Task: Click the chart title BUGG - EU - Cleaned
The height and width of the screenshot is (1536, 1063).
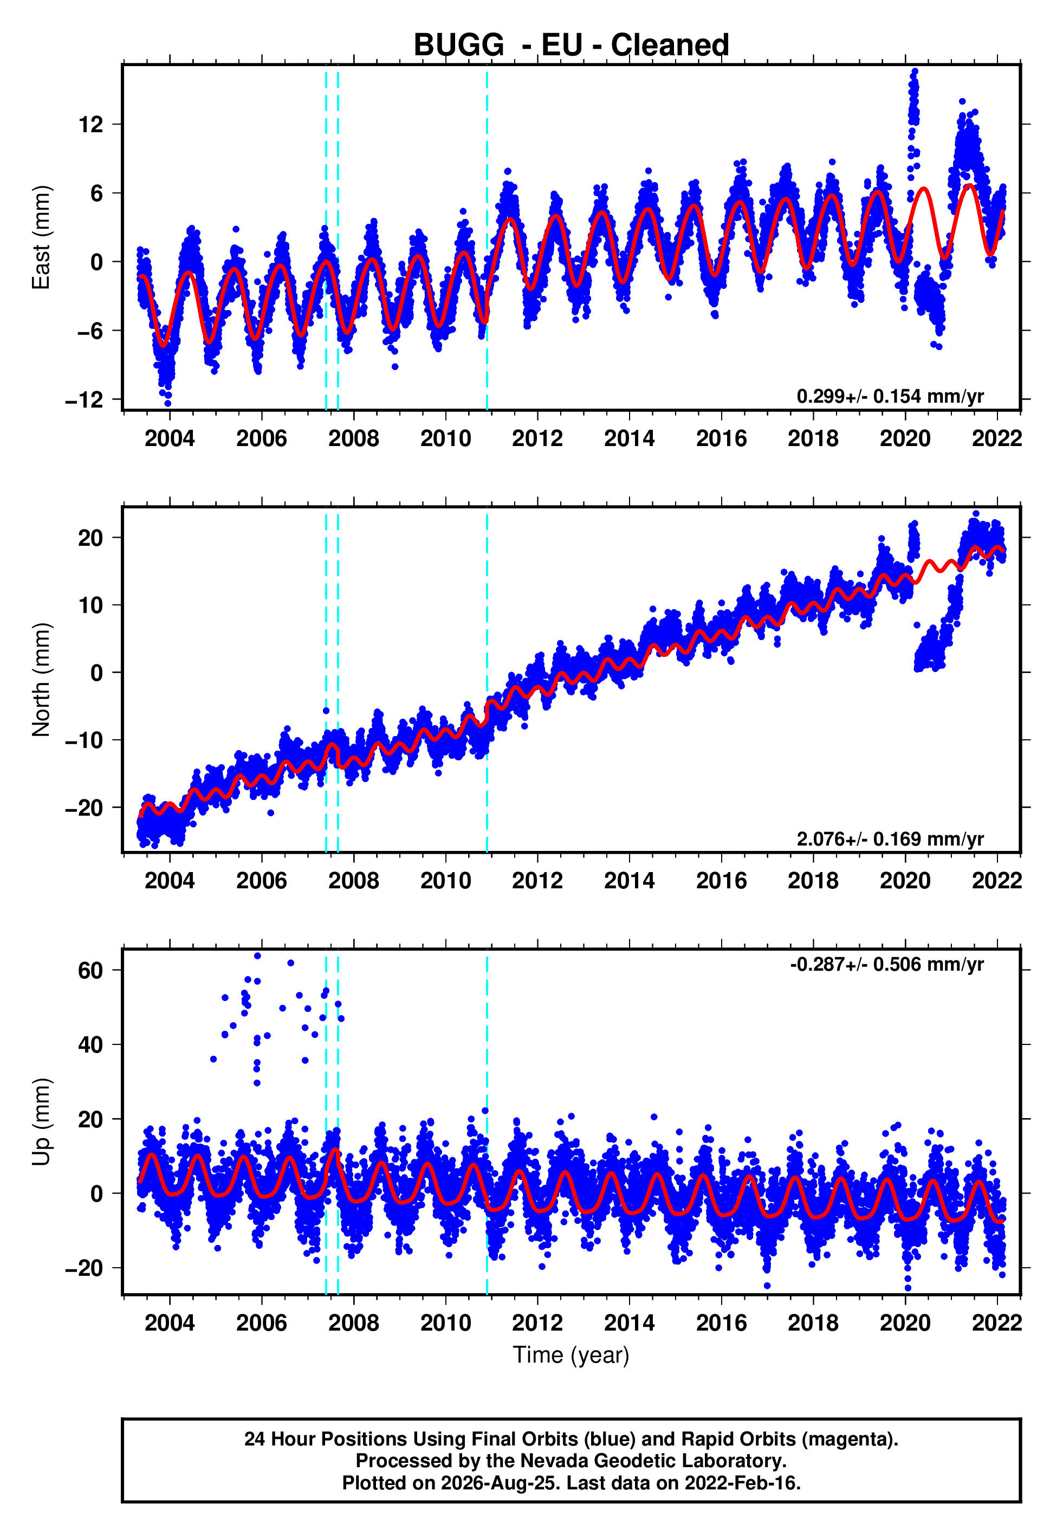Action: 571,46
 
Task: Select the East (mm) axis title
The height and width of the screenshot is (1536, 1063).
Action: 41,238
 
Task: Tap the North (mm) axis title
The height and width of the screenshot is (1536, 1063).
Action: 41,680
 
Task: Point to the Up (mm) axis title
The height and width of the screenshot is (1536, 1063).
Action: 41,1122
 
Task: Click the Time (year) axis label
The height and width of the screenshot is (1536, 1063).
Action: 571,1356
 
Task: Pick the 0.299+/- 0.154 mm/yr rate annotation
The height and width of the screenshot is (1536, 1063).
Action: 890,396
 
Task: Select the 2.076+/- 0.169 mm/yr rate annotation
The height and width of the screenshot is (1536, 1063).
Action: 890,838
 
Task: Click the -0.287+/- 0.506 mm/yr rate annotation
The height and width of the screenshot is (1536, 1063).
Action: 886,965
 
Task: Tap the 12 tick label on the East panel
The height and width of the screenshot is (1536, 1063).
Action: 91,124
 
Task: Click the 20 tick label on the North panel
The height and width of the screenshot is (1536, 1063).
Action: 90,538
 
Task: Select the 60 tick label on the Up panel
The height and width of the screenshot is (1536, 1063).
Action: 90,971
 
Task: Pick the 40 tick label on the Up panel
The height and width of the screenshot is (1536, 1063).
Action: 90,1045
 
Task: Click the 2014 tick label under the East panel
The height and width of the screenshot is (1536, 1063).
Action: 630,438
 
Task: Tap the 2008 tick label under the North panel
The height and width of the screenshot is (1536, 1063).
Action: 354,881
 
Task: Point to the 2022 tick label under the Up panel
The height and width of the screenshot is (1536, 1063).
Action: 997,1323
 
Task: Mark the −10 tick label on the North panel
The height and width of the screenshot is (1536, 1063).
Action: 85,740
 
